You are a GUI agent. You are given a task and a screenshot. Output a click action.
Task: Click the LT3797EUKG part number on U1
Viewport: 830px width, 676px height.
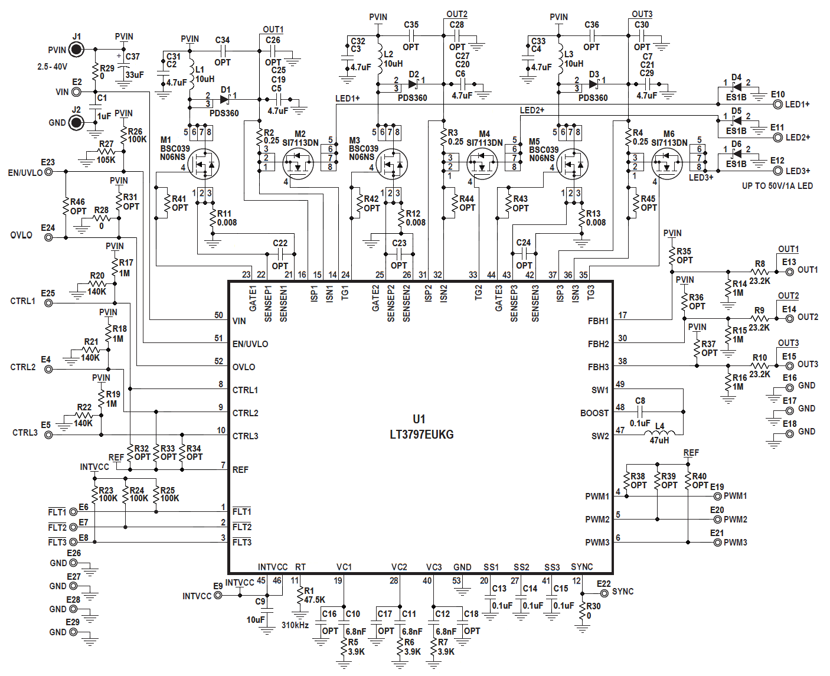(421, 435)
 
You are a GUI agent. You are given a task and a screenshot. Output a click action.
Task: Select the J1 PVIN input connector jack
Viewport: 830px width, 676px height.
(77, 50)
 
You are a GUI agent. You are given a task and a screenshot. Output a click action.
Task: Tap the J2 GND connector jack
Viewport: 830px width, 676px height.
(76, 123)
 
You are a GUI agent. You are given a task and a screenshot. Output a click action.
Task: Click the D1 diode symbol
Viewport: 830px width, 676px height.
(225, 99)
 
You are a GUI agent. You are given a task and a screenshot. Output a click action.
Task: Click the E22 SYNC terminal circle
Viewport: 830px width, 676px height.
(604, 592)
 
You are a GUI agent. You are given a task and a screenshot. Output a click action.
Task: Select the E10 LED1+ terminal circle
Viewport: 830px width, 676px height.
(777, 104)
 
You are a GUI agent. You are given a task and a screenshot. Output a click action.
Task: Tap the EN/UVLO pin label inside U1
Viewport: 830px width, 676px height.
(250, 344)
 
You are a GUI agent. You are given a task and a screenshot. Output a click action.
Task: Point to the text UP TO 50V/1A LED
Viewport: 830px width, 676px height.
(777, 186)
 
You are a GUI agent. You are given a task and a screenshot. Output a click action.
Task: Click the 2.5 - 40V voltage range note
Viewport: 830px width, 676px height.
(53, 67)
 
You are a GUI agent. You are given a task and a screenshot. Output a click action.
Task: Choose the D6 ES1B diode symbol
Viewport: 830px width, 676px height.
(736, 154)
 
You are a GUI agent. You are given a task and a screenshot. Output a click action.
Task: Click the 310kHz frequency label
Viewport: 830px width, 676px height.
(295, 625)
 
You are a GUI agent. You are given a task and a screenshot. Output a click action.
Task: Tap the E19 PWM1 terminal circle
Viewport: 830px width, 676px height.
(717, 497)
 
